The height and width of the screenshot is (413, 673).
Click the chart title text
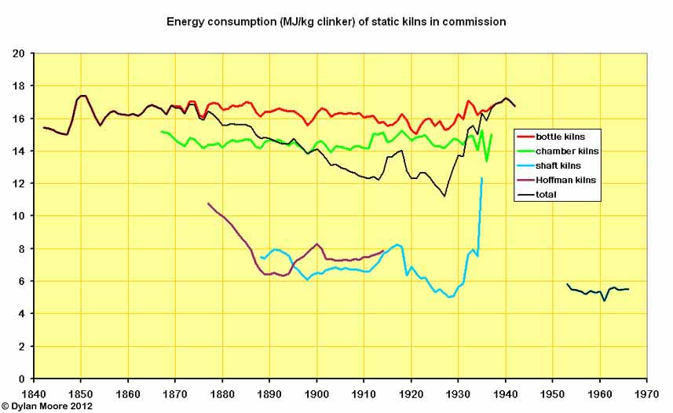[x=336, y=21]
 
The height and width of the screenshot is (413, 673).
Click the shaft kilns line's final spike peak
[x=481, y=178]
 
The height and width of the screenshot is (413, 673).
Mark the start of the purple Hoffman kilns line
[x=208, y=203]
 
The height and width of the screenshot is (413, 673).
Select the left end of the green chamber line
[x=161, y=131]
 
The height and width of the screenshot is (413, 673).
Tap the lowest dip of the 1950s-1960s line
[x=605, y=301]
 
